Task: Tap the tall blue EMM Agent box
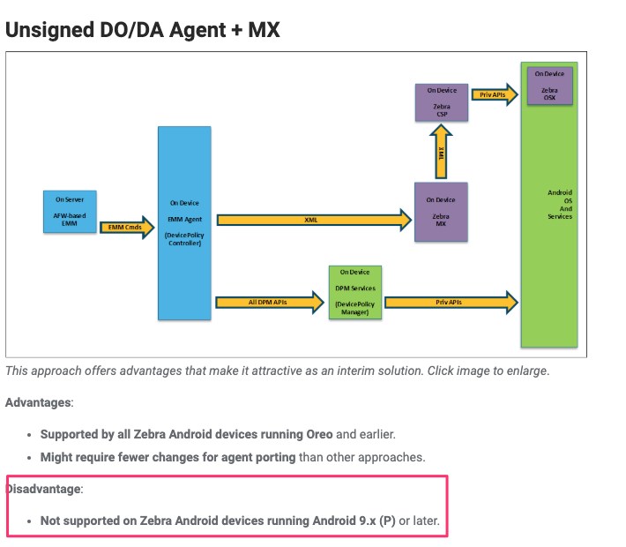(x=184, y=222)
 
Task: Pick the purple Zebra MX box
(x=441, y=212)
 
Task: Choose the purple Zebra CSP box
(x=441, y=102)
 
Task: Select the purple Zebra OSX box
(x=549, y=86)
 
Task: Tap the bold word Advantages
(x=39, y=402)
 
